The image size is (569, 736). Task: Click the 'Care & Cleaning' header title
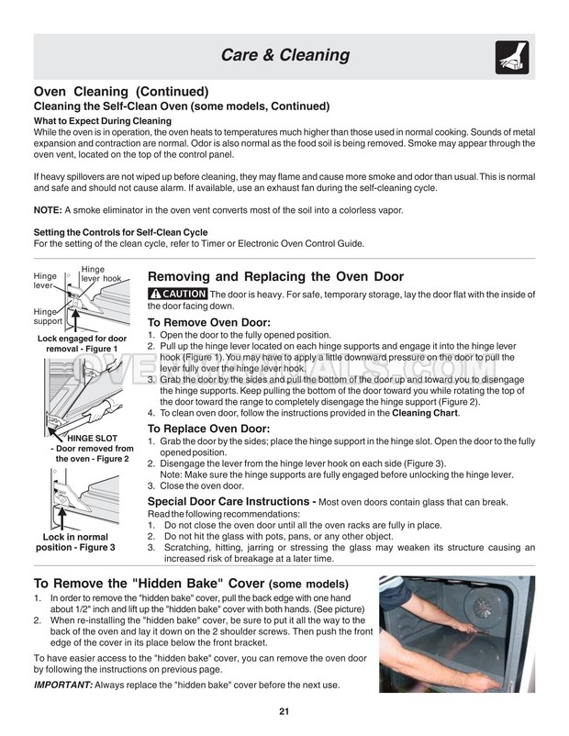tap(284, 56)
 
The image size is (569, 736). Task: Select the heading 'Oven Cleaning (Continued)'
tap(120, 92)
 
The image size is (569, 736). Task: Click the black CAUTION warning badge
tap(177, 293)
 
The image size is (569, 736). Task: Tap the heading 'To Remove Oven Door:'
tap(209, 322)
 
